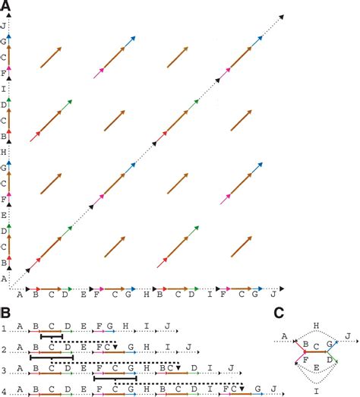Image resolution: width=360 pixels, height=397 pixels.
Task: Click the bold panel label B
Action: (x=5, y=311)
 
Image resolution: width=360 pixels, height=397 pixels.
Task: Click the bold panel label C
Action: (x=279, y=311)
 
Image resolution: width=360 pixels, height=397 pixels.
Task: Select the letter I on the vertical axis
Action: (x=6, y=89)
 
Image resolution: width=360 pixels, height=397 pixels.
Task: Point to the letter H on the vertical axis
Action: (x=6, y=152)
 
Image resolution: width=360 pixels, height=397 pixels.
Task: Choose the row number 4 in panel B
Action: (x=5, y=391)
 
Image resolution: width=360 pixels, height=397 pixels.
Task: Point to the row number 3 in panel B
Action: (x=5, y=370)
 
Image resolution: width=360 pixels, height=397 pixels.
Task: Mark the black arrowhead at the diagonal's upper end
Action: (x=283, y=14)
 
